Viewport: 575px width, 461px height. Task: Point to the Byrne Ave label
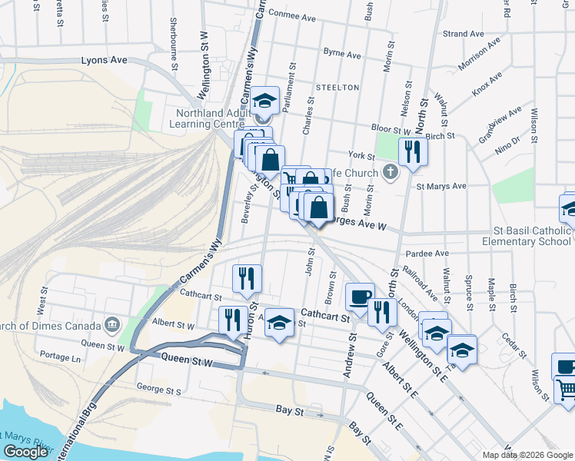342,55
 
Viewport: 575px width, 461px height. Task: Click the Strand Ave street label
464,34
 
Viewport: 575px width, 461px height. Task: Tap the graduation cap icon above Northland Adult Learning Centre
264,101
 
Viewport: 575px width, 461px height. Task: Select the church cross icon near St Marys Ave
391,171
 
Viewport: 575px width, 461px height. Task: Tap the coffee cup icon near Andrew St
359,296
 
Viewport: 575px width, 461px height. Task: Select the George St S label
158,391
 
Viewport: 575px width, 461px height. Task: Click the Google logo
25,452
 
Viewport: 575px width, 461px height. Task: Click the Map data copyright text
527,455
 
